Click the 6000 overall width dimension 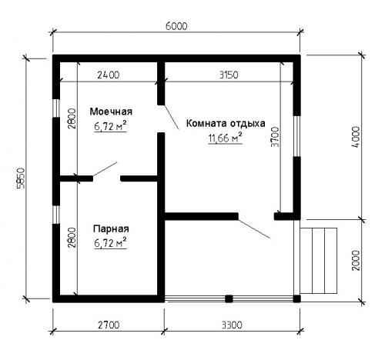click(x=176, y=25)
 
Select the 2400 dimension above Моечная click(x=108, y=75)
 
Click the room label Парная click(x=111, y=228)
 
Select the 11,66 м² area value click(x=224, y=138)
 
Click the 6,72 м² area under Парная click(x=110, y=242)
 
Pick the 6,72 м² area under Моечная click(x=110, y=125)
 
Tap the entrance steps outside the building click(x=319, y=261)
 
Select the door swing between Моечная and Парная click(x=104, y=169)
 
